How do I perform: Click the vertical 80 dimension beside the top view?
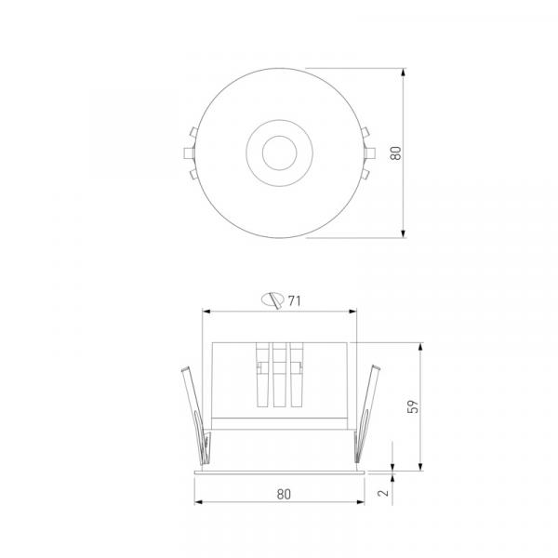(x=396, y=153)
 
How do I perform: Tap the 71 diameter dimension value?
(x=294, y=301)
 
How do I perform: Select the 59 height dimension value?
(x=413, y=406)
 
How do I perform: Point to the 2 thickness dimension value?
(x=383, y=493)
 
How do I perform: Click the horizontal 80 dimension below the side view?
(x=284, y=495)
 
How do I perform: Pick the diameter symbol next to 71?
(x=272, y=300)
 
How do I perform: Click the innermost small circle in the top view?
(x=279, y=153)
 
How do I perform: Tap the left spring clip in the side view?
(x=196, y=415)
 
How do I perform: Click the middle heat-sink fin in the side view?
(x=279, y=375)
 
